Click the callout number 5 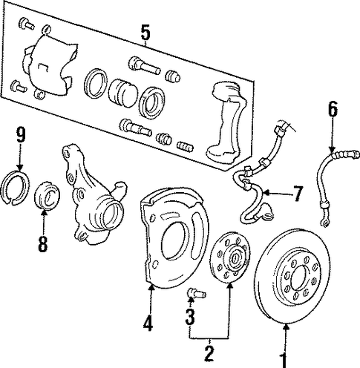click(145, 33)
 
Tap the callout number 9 click(21, 135)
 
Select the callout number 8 click(42, 244)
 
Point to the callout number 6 click(333, 109)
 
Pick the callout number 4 click(148, 323)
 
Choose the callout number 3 click(190, 317)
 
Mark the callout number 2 click(209, 354)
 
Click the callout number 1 click(284, 361)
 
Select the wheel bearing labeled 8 click(47, 195)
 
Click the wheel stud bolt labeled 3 click(197, 293)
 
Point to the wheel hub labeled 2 click(229, 258)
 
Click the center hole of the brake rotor click(301, 277)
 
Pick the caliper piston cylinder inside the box click(123, 93)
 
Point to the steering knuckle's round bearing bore click(112, 214)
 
